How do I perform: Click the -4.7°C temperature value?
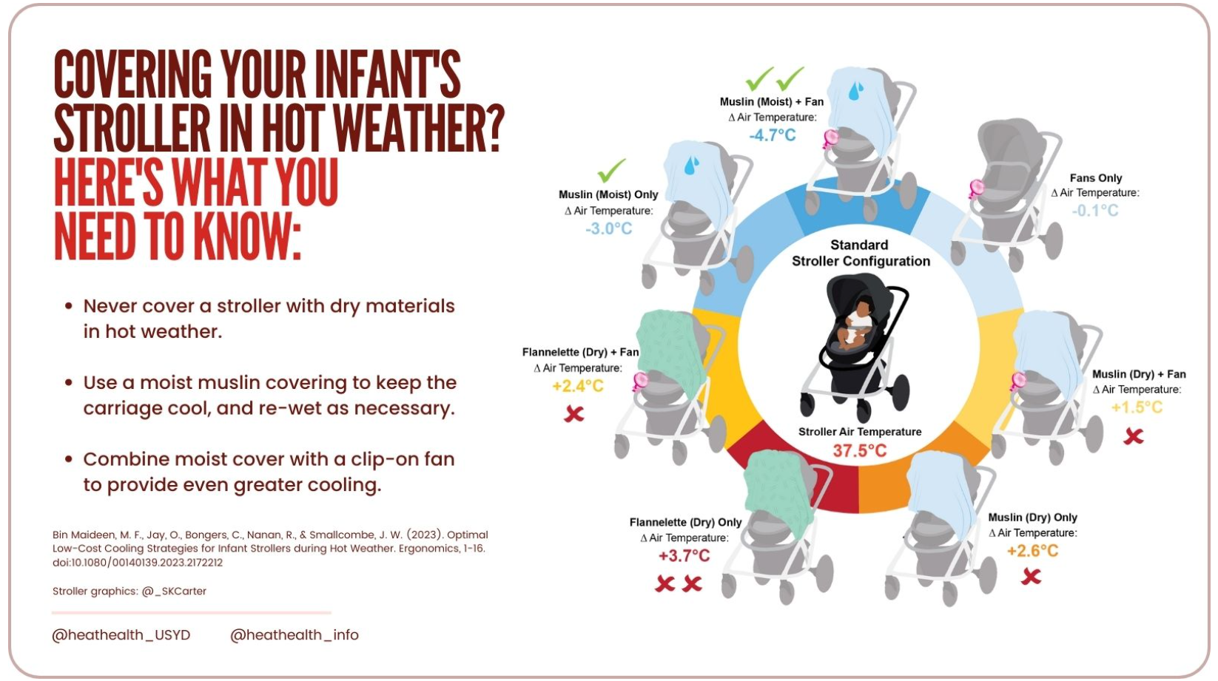pos(772,135)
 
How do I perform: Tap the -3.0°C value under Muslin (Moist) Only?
pos(608,228)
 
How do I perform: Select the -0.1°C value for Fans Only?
pos(1095,210)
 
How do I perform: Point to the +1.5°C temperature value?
pos(1137,407)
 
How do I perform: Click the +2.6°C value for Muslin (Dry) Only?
pos(1032,551)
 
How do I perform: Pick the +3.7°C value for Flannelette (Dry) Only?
pos(684,555)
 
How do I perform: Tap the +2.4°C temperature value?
pos(577,386)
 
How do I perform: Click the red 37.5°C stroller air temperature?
pos(860,450)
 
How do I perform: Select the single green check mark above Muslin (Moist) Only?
pos(611,171)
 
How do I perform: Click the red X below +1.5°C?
pos(1134,436)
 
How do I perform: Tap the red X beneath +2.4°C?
pos(574,414)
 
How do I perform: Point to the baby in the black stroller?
pos(856,323)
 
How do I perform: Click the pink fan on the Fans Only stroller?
pos(976,189)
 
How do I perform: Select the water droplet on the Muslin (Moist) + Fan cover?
pos(856,91)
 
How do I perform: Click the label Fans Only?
pos(1096,177)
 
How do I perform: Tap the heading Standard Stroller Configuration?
pos(861,253)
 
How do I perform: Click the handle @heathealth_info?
pos(295,635)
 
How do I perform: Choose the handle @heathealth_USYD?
pos(121,635)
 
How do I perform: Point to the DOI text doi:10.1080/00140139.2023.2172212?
pos(138,563)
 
